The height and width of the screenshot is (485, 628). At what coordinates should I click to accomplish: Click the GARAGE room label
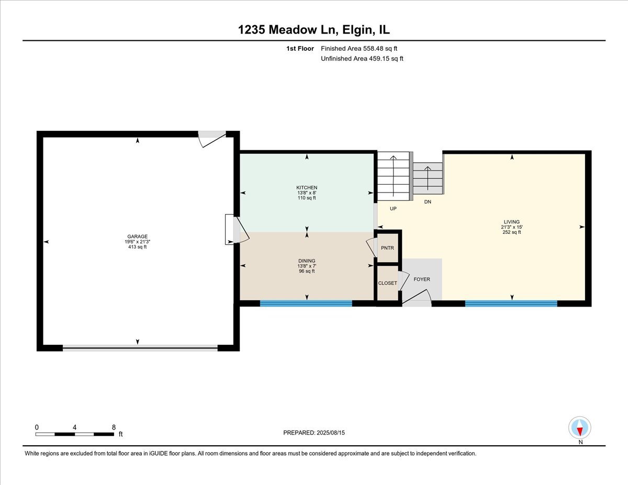[137, 236]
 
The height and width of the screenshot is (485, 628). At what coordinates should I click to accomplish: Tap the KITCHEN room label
[307, 187]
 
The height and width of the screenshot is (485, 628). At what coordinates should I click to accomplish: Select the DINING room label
[307, 261]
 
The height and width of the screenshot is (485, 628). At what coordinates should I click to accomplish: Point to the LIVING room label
[511, 222]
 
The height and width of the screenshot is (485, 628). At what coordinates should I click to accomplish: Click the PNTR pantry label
[387, 248]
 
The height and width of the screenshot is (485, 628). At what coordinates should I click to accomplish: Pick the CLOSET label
[388, 283]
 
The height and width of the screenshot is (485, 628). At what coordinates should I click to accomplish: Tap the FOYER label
[422, 279]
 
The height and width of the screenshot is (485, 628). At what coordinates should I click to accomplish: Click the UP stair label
[393, 209]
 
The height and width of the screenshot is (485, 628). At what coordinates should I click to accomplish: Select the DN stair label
[428, 202]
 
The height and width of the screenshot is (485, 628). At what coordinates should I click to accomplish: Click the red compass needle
[580, 431]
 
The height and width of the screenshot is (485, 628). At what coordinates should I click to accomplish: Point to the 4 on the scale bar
[74, 427]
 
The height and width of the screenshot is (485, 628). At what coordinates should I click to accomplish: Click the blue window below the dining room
[306, 303]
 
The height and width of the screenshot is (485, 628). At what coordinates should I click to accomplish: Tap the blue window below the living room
[511, 303]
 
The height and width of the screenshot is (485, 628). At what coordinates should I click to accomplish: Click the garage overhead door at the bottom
[140, 348]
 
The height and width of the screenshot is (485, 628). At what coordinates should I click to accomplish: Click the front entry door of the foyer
[417, 300]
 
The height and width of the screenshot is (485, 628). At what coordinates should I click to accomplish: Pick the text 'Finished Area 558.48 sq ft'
[359, 49]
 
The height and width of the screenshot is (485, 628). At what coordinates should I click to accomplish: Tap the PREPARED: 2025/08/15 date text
[314, 433]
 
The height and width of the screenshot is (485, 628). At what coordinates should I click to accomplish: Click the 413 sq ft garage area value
[137, 247]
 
